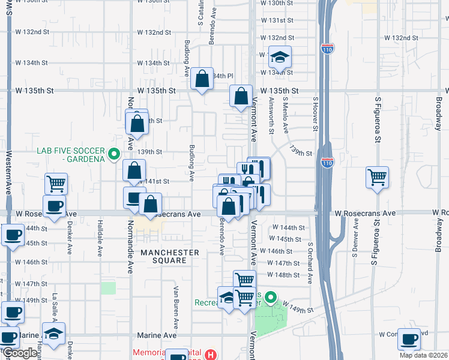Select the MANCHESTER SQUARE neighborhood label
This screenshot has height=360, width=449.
[x=170, y=253]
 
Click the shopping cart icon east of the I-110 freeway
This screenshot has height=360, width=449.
[x=377, y=176]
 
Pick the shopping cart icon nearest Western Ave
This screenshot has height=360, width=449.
[x=56, y=183]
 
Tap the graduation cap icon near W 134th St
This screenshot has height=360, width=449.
[x=279, y=58]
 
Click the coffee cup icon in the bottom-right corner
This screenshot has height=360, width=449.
[x=409, y=339]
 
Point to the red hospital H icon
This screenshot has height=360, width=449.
[x=209, y=355]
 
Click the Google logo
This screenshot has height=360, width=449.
[x=20, y=353]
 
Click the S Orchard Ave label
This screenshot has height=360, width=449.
[x=310, y=262]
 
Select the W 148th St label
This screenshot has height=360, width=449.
[x=283, y=275]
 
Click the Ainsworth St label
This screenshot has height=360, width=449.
[x=271, y=116]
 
